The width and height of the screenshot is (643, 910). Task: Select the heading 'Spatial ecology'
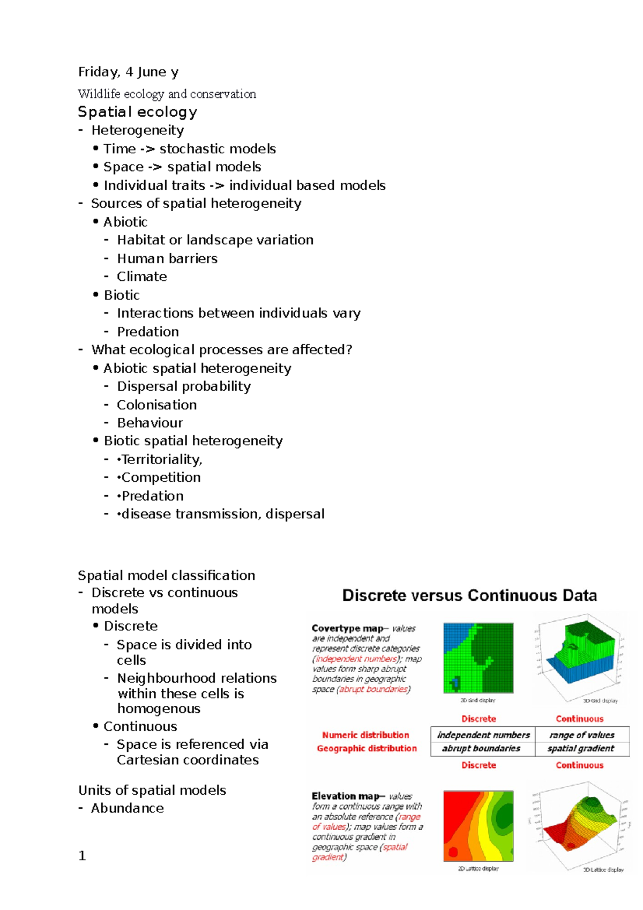click(137, 112)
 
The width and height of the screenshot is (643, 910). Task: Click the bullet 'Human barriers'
click(167, 258)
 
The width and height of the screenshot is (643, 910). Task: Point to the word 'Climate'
click(142, 277)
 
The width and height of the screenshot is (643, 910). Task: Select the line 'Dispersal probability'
click(184, 386)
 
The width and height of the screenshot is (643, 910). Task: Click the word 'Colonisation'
click(157, 405)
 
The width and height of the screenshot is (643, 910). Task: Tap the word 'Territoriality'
click(161, 459)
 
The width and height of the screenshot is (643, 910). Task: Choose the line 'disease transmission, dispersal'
click(223, 514)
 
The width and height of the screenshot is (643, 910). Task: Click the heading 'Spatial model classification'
click(166, 575)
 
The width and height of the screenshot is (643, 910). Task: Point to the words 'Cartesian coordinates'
click(188, 760)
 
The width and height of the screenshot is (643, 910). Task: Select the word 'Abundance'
click(128, 808)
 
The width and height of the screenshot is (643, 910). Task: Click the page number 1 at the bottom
click(82, 856)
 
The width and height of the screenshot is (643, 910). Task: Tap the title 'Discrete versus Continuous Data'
click(469, 595)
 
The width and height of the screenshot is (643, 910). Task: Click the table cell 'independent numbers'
click(483, 735)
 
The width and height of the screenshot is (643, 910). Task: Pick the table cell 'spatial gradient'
click(581, 748)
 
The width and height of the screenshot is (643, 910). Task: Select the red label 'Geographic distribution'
click(367, 748)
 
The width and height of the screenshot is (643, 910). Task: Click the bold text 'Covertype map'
click(347, 628)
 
